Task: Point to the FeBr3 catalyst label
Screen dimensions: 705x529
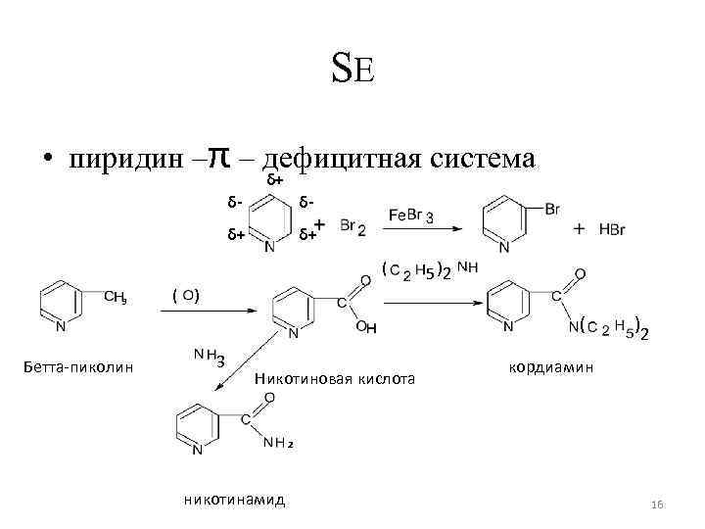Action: tap(412, 215)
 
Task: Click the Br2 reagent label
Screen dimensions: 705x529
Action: tap(353, 227)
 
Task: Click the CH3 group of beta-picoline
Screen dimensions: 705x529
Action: tap(116, 297)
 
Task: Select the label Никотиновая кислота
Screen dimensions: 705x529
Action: tap(335, 377)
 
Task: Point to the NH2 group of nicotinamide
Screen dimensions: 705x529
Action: tap(279, 444)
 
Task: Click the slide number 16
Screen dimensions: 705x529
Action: tap(657, 504)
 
